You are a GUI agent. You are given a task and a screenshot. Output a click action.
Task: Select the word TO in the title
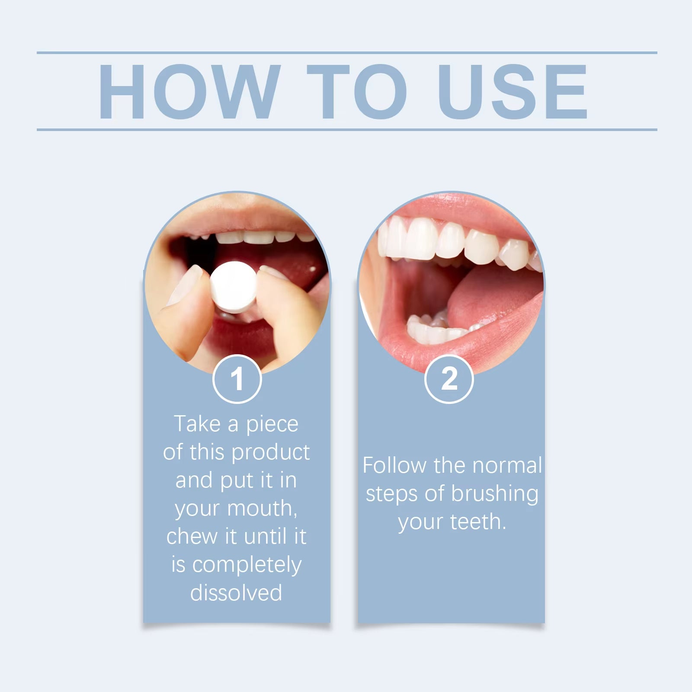(x=357, y=92)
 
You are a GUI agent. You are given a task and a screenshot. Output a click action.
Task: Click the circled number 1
(x=237, y=379)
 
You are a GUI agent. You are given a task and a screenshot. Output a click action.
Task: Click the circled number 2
(x=449, y=379)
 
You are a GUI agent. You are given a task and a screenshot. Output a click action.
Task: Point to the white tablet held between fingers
(x=234, y=287)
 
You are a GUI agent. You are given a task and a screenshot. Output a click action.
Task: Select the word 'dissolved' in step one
(x=236, y=593)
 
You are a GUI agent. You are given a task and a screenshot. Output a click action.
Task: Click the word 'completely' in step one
(x=247, y=565)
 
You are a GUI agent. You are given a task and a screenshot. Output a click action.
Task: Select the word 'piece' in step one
(x=272, y=425)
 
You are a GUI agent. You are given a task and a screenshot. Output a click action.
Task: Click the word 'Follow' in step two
(x=394, y=466)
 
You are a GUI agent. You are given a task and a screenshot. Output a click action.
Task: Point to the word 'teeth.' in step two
(x=478, y=522)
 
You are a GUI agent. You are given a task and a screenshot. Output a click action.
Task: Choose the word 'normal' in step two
(x=507, y=466)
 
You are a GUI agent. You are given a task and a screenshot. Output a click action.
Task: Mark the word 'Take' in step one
(x=197, y=424)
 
